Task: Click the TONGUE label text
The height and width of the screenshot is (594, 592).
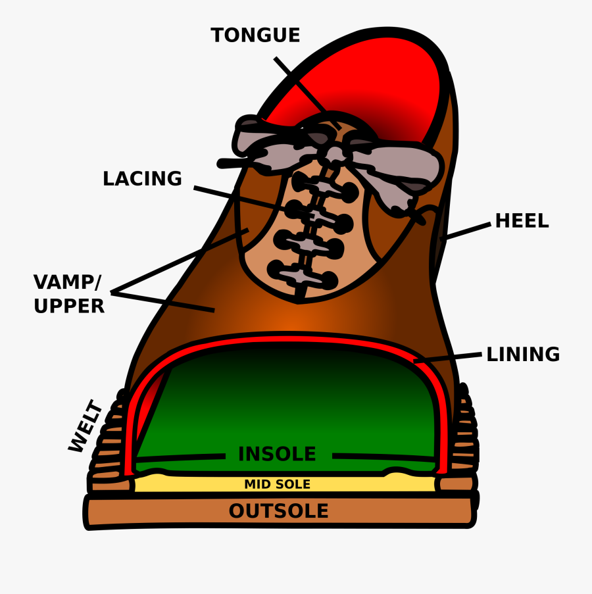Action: click(x=255, y=36)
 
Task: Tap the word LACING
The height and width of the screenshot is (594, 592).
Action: click(x=142, y=179)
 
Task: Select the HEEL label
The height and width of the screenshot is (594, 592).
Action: click(x=522, y=221)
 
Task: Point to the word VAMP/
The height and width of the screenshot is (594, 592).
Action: click(x=67, y=283)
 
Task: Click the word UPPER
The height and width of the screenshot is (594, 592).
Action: click(x=69, y=307)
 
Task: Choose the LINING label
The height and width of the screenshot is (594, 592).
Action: click(x=523, y=355)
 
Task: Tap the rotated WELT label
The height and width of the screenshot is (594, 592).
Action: click(x=86, y=427)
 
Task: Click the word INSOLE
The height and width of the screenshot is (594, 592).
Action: click(x=277, y=455)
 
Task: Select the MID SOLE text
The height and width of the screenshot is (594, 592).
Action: click(x=277, y=485)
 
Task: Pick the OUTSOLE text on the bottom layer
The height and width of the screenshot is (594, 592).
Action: click(x=278, y=511)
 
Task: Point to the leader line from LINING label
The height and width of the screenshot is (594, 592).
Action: click(x=450, y=358)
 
